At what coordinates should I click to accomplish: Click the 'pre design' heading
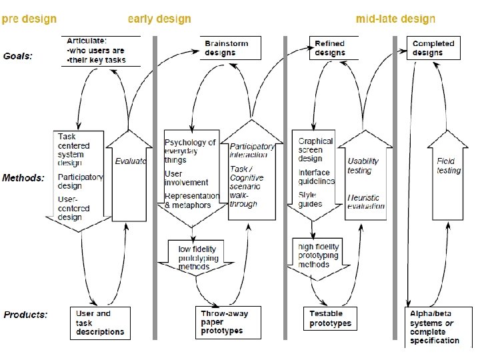(29, 19)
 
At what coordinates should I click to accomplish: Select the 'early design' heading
(159, 19)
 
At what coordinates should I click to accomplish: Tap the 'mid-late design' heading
(395, 19)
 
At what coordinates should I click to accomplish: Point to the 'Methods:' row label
(23, 178)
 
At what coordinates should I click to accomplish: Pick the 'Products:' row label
(26, 314)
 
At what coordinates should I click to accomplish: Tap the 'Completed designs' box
(433, 48)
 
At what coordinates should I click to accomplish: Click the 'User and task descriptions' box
(100, 323)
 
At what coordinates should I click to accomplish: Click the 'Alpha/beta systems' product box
(433, 326)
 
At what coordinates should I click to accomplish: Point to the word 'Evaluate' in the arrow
(130, 161)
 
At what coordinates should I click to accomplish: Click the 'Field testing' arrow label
(448, 165)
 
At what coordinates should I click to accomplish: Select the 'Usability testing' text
(363, 165)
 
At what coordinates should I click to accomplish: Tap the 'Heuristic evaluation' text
(366, 202)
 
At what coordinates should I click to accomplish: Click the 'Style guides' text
(310, 199)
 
